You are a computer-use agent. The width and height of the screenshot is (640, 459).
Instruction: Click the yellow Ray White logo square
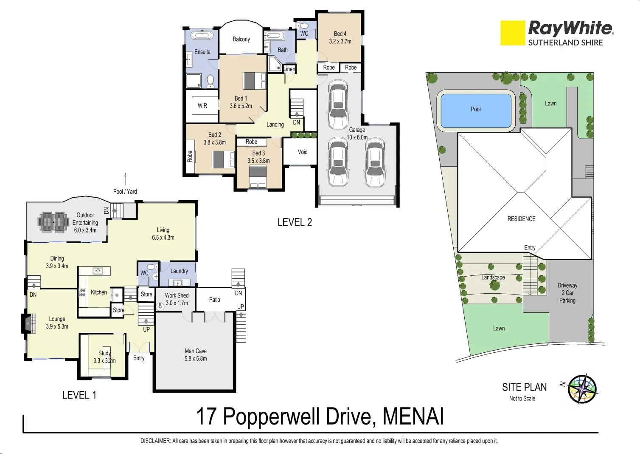click(513, 33)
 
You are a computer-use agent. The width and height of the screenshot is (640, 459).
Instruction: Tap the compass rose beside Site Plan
click(583, 389)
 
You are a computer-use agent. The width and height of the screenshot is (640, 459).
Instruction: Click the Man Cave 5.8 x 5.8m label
click(196, 355)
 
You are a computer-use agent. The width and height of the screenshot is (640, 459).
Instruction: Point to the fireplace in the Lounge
click(27, 323)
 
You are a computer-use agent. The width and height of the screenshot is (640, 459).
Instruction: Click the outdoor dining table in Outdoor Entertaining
click(53, 222)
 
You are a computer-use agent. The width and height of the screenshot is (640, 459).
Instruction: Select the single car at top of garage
click(338, 105)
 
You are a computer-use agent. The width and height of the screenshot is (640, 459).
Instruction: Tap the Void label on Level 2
click(303, 152)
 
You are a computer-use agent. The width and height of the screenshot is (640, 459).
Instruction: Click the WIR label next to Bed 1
click(202, 106)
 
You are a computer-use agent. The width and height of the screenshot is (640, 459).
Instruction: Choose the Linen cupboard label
click(289, 69)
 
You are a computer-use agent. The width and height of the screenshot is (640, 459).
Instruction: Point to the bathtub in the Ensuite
click(202, 35)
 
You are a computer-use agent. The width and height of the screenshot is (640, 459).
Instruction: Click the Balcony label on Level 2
click(241, 39)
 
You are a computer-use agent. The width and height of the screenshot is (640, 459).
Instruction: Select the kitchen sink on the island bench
click(98, 271)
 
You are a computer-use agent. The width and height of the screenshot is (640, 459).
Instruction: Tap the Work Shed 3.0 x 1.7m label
click(177, 299)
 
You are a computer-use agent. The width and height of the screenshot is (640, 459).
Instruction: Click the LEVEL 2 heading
click(295, 222)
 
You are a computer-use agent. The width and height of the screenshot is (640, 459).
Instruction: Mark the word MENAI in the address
click(413, 416)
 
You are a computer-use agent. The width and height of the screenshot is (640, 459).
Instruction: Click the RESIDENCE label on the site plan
click(521, 219)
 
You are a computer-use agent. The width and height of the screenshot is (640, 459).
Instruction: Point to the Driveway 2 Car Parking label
click(567, 293)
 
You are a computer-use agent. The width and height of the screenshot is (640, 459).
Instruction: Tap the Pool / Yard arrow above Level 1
click(125, 179)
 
